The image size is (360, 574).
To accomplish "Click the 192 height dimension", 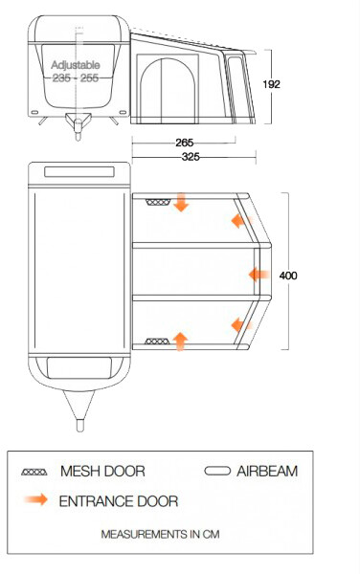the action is [271, 84].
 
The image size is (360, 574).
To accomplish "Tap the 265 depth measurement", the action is [184, 143].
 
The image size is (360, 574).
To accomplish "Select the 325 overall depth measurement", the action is [191, 157].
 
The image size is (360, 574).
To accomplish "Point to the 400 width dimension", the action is [288, 276].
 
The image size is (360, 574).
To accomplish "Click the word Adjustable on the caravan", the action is [76, 65].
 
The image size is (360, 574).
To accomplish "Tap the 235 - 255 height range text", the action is [76, 77].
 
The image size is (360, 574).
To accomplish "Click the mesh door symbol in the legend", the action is [34, 472].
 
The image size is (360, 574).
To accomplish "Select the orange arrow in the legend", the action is [35, 499].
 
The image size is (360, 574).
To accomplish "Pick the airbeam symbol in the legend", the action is [217, 471].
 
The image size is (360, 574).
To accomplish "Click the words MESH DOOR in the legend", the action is [102, 471].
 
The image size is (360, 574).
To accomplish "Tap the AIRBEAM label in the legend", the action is [267, 471].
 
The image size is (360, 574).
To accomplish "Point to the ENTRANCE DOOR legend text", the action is [119, 501].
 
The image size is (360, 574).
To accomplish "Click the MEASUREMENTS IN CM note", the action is [161, 534].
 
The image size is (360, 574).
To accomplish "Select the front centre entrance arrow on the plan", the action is [259, 275].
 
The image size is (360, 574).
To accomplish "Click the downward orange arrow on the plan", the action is [181, 203].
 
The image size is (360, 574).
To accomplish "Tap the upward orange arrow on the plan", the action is [180, 342].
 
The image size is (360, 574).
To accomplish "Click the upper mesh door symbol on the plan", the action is [158, 202].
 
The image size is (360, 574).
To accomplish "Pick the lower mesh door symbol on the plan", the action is [157, 342].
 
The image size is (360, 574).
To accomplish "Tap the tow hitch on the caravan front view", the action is [78, 125].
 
